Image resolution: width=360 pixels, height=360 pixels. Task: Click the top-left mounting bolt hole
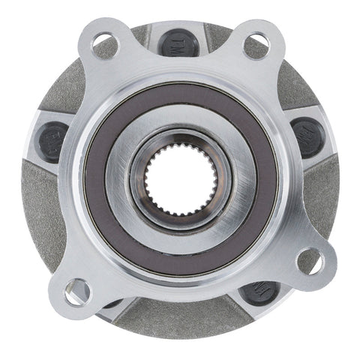105,43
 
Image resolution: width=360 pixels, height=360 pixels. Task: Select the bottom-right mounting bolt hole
310,260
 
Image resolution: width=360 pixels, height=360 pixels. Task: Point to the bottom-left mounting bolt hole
76,290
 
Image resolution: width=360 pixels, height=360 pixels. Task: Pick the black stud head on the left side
51,140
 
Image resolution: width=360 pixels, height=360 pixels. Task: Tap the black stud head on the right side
307,136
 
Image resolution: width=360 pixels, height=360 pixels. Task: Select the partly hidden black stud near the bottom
261,291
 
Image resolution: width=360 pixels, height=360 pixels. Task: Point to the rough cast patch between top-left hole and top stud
140,34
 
